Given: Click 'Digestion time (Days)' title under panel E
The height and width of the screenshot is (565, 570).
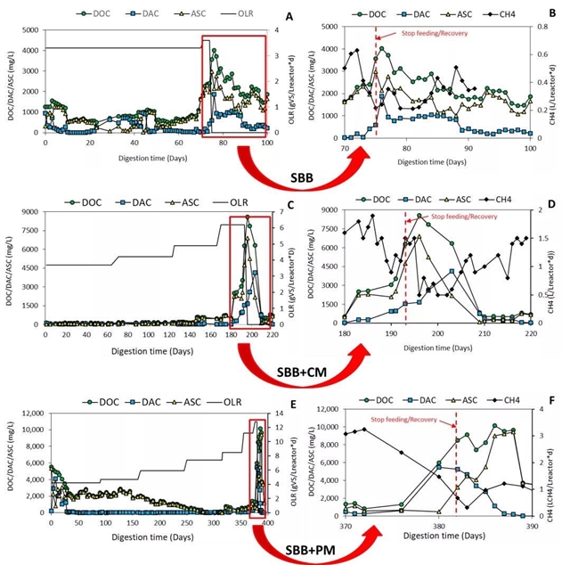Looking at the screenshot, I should tap(157, 537).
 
